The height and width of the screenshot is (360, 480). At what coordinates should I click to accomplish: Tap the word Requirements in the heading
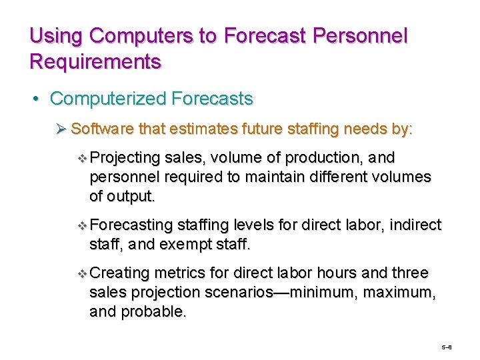(x=95, y=62)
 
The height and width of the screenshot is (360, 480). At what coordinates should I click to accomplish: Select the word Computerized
(x=108, y=99)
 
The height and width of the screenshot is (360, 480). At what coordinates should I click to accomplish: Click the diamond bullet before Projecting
(x=82, y=158)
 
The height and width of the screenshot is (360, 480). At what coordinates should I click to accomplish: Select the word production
(x=315, y=158)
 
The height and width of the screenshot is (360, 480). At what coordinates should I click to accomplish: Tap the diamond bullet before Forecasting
(x=82, y=226)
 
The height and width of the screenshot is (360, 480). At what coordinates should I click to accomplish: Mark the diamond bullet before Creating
(x=82, y=274)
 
